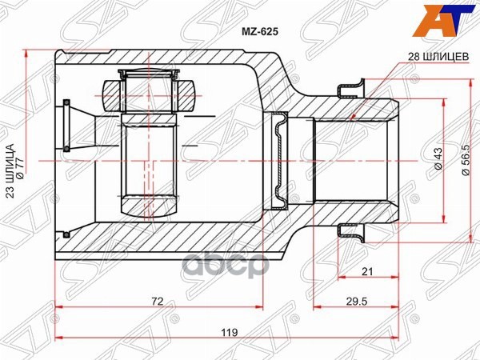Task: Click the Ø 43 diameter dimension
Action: point(438,160)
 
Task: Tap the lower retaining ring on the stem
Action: point(349,233)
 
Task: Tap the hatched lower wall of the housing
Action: point(176,240)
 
